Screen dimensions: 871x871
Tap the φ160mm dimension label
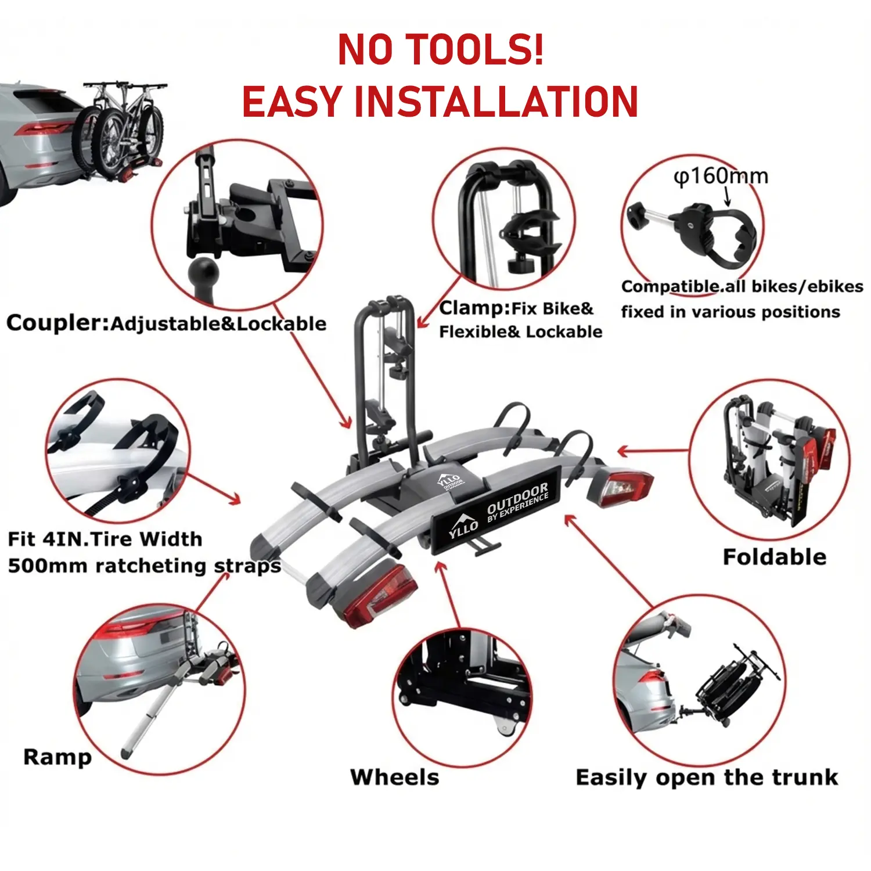coord(721,176)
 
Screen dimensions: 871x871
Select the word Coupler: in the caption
coord(57,323)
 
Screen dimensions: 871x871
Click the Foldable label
coord(775,557)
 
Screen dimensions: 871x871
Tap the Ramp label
coord(57,758)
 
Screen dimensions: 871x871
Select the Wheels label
coord(395,777)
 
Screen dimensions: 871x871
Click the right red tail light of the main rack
coord(620,487)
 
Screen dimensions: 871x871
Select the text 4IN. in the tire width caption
coord(64,539)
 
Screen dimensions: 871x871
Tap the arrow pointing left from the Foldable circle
coord(654,451)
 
